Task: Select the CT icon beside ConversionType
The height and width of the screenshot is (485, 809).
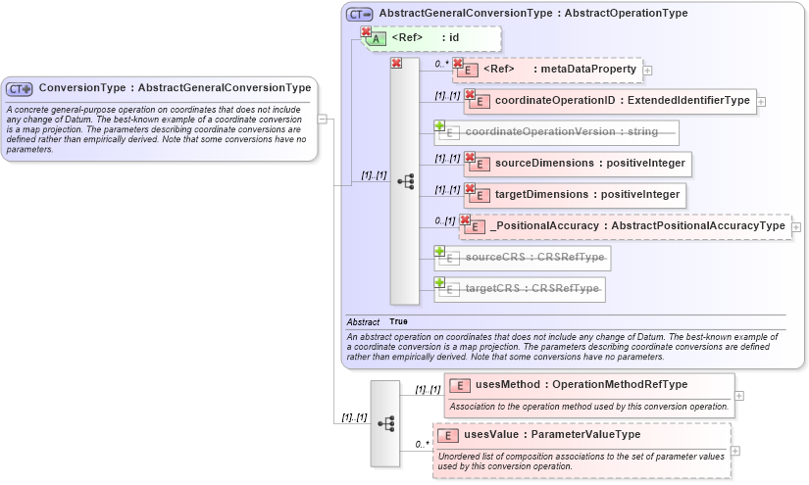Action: point(20,88)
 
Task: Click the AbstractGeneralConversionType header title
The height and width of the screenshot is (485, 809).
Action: point(532,14)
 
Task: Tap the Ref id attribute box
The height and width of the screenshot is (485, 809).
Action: point(432,38)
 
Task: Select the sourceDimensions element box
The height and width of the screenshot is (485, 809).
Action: point(575,163)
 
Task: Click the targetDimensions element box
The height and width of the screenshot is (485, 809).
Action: point(573,194)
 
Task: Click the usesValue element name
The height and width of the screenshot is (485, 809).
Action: point(581,434)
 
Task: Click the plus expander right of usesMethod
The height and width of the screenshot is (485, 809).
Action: point(739,396)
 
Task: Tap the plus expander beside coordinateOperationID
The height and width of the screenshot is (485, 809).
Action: point(761,101)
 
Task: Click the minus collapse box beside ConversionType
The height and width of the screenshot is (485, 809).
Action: point(323,119)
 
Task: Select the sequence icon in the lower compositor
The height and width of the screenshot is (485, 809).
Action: point(385,423)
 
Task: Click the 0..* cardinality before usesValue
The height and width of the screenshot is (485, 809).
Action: point(423,444)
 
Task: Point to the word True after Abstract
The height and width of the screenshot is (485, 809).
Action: point(398,321)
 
